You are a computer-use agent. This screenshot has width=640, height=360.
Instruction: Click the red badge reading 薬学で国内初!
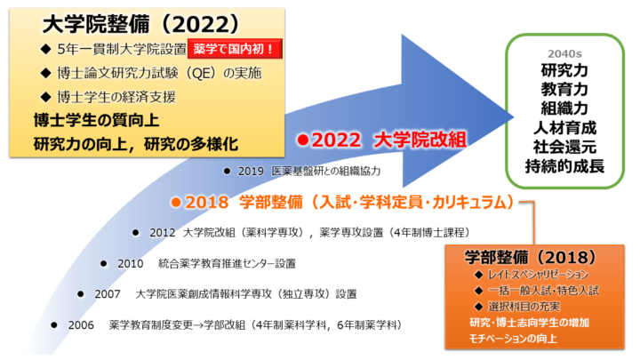pyautogui.click(x=235, y=49)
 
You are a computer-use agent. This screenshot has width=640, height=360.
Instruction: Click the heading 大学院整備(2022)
pyautogui.click(x=141, y=25)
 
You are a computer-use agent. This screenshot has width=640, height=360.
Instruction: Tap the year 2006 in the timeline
pyautogui.click(x=81, y=325)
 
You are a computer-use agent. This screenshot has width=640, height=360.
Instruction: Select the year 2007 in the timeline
pyautogui.click(x=108, y=294)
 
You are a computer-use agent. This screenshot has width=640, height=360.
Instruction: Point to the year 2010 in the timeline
pyautogui.click(x=130, y=264)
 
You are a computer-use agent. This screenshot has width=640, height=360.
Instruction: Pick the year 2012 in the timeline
pyautogui.click(x=162, y=233)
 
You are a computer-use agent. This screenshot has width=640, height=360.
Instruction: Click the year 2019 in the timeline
pyautogui.click(x=251, y=171)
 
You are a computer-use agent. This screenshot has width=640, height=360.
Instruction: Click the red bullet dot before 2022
pyautogui.click(x=303, y=140)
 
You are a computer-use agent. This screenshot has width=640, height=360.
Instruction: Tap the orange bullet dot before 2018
pyautogui.click(x=176, y=202)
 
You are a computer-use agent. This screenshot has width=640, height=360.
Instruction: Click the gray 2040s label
pyautogui.click(x=564, y=54)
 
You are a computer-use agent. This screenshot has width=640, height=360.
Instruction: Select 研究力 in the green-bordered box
pyautogui.click(x=564, y=70)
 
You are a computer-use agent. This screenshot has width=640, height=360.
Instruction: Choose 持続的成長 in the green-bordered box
pyautogui.click(x=564, y=166)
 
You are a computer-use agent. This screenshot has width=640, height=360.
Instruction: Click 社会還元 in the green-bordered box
pyautogui.click(x=564, y=148)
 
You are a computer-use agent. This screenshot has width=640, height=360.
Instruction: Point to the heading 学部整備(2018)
pyautogui.click(x=531, y=257)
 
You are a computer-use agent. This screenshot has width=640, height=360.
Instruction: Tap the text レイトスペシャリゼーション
pyautogui.click(x=539, y=275)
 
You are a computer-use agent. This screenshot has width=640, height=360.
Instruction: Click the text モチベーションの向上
pyautogui.click(x=513, y=339)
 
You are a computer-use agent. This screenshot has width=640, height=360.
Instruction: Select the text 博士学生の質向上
pyautogui.click(x=96, y=120)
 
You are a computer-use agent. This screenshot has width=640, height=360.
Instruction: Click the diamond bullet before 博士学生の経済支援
pyautogui.click(x=45, y=97)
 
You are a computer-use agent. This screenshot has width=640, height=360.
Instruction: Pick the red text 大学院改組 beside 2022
pyautogui.click(x=420, y=140)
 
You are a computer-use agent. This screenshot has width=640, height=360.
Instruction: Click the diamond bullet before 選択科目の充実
pyautogui.click(x=479, y=306)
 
